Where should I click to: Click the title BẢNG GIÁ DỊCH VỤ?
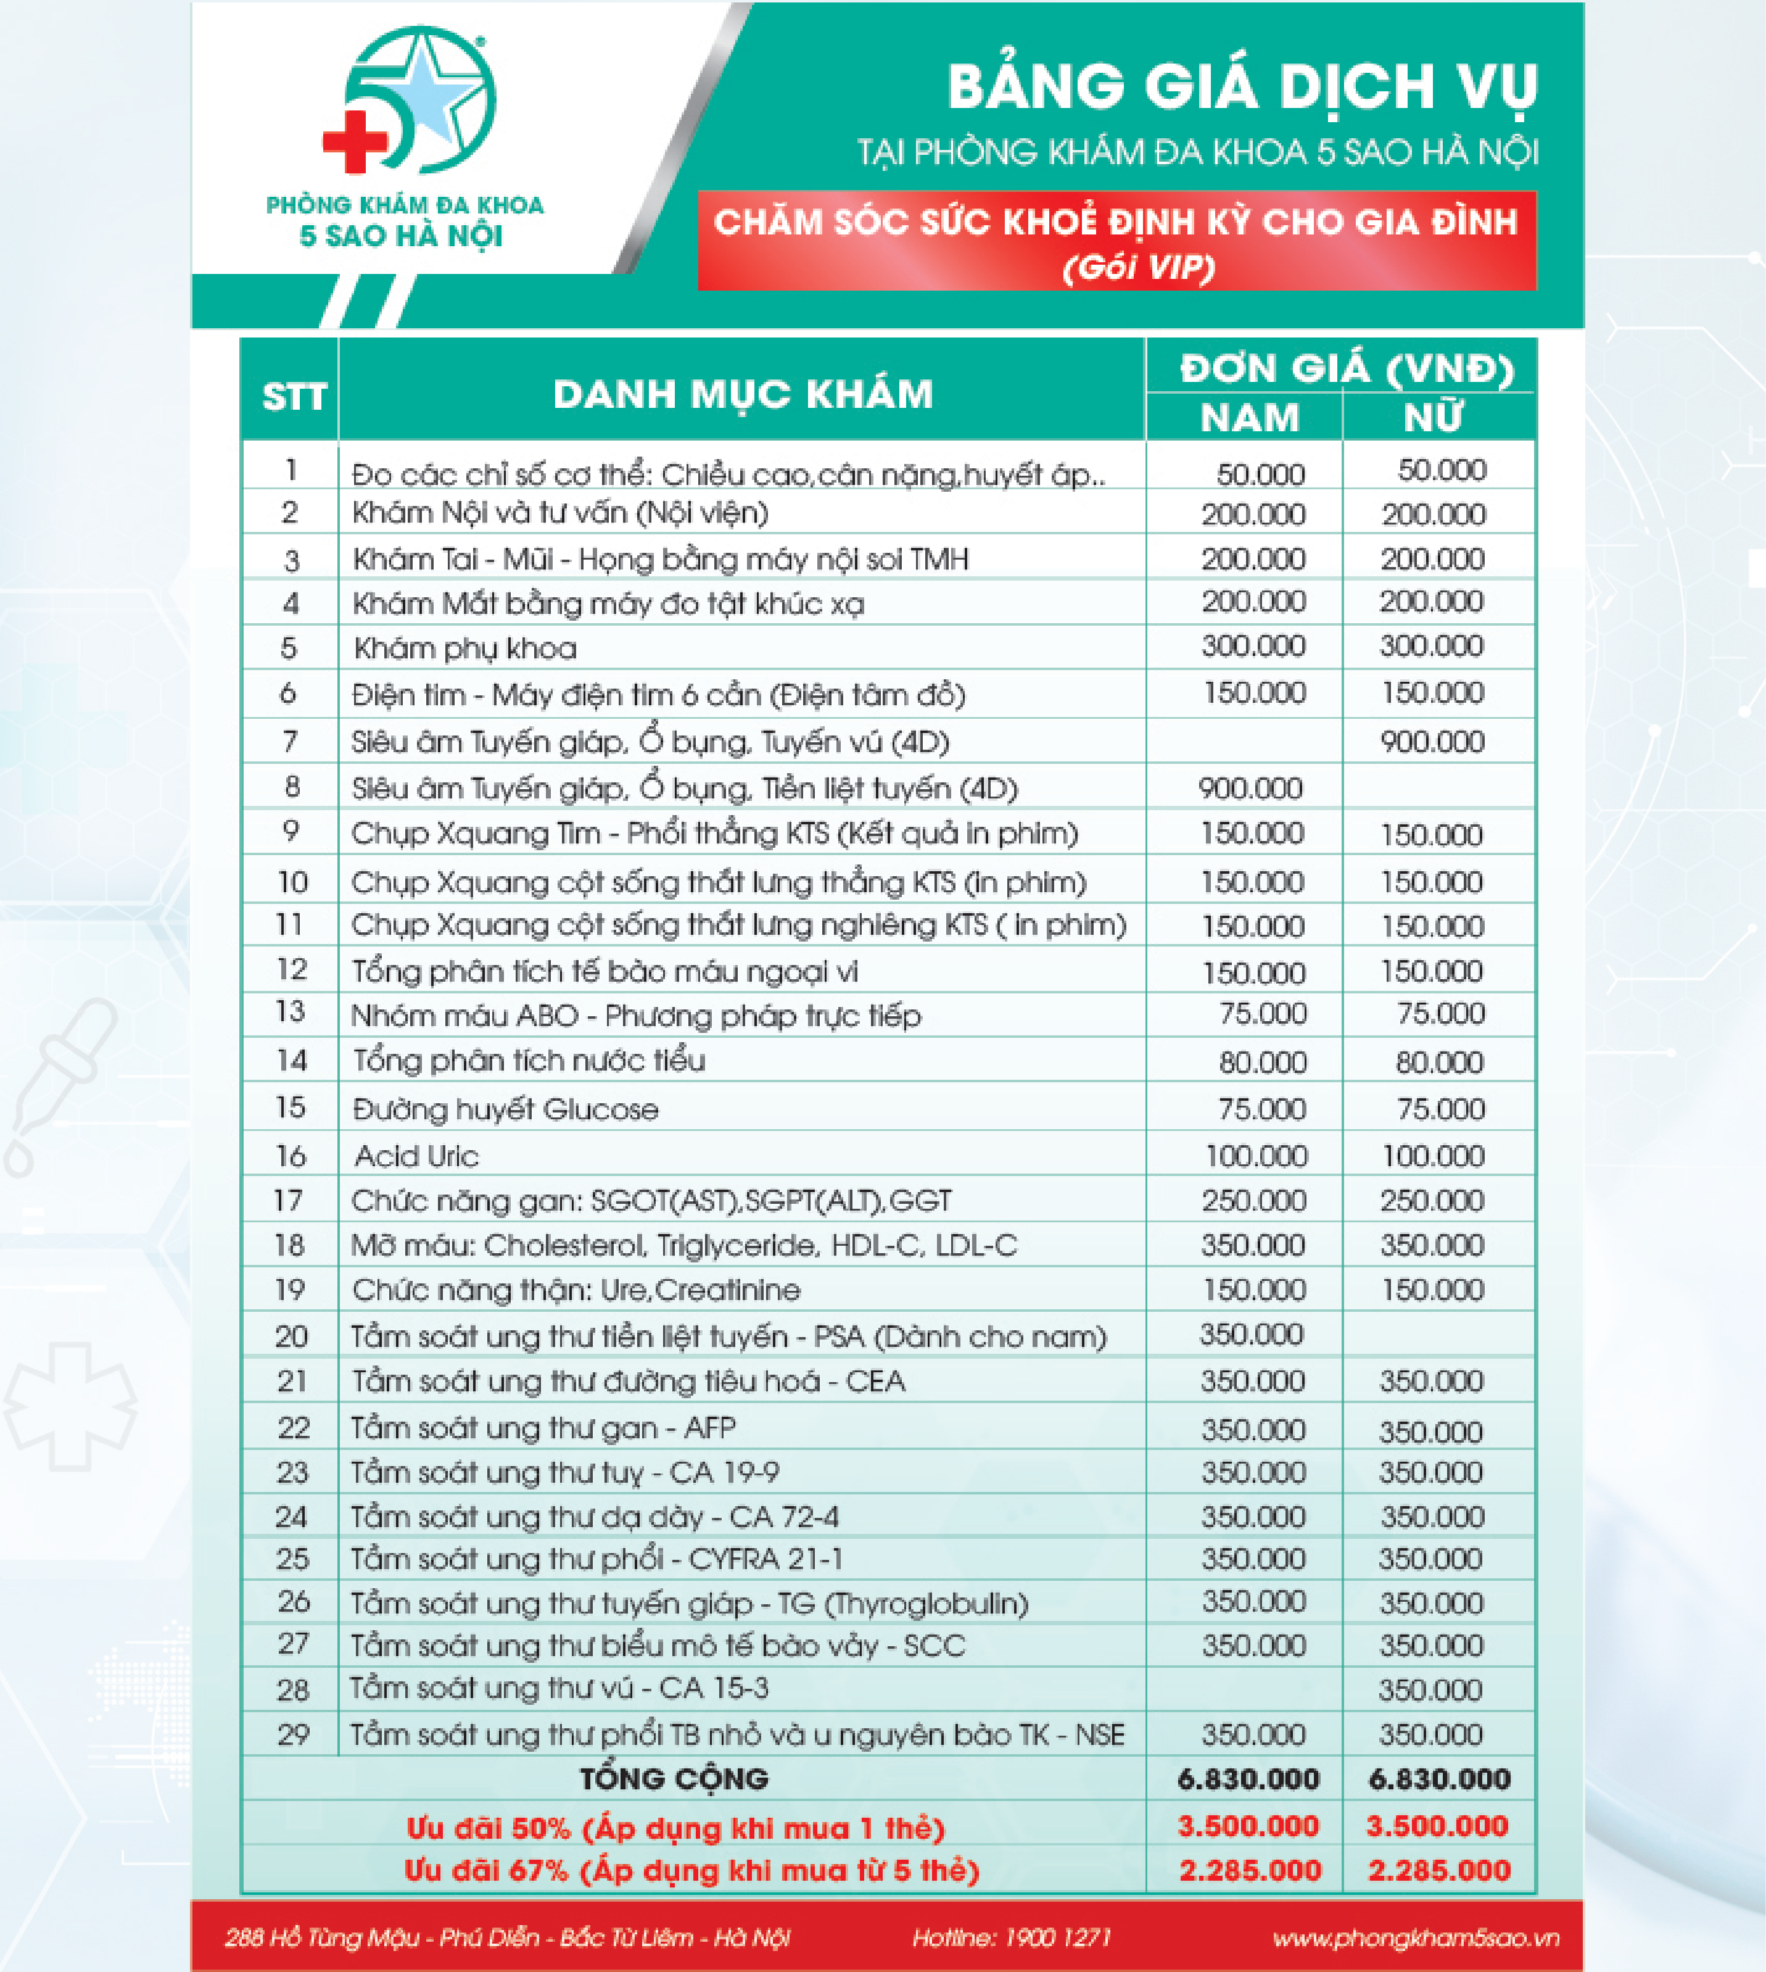point(1242,88)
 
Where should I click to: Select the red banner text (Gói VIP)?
point(1138,267)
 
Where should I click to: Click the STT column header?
point(293,397)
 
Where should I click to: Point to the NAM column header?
point(1249,417)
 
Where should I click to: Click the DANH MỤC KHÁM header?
point(742,394)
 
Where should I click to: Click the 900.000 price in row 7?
point(1432,742)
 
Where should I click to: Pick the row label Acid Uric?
point(416,1156)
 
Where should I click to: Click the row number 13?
point(290,1012)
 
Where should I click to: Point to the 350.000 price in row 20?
point(1251,1335)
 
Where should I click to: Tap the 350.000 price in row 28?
point(1430,1689)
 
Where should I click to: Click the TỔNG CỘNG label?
point(674,1778)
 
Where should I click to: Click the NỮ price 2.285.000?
point(1439,1870)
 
